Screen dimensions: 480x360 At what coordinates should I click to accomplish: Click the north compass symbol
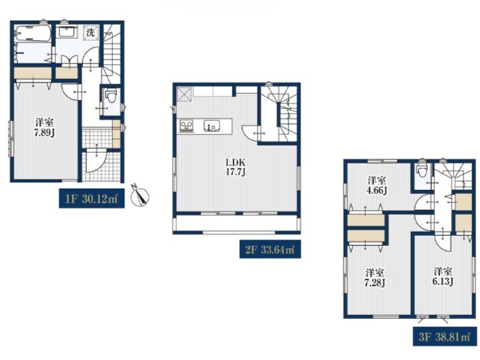(x=139, y=196)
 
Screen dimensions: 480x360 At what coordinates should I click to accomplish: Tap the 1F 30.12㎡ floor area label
(x=92, y=199)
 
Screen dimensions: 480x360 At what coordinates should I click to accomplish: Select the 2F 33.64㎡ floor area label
(x=270, y=249)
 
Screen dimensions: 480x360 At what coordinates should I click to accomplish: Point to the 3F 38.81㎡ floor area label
(x=444, y=337)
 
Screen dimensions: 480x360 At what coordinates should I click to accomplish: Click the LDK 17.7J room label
(x=236, y=167)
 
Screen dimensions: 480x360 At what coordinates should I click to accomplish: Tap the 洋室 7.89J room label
(x=44, y=128)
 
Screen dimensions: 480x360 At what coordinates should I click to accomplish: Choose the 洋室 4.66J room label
(x=377, y=185)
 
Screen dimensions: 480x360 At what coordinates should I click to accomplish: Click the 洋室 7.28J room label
(x=374, y=277)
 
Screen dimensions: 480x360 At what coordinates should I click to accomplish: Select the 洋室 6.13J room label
(x=443, y=276)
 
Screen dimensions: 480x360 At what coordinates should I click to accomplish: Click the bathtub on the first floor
(x=33, y=33)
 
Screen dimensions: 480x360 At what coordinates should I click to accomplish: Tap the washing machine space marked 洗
(x=90, y=33)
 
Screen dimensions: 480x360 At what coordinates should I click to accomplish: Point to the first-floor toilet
(x=110, y=96)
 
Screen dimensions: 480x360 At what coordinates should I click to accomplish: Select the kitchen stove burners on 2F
(x=187, y=126)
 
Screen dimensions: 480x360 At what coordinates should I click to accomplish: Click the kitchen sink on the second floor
(x=212, y=126)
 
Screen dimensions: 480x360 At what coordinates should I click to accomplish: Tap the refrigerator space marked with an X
(x=185, y=94)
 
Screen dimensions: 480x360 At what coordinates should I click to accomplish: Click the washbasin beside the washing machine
(x=69, y=32)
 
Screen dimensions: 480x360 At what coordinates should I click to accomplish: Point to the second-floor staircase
(x=279, y=114)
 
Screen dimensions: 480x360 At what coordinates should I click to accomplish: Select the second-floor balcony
(x=236, y=223)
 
